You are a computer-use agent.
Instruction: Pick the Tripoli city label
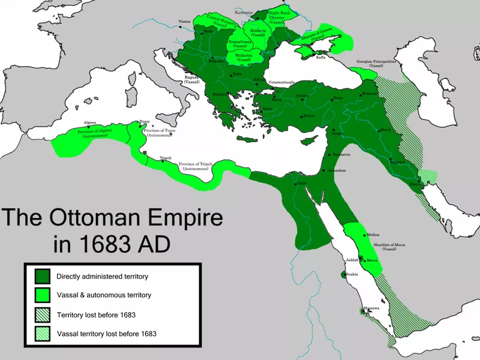coord(166,158)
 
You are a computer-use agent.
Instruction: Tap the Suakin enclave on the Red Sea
coord(344,275)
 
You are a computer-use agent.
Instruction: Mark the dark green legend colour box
coord(42,277)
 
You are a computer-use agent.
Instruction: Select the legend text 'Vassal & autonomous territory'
coord(104,295)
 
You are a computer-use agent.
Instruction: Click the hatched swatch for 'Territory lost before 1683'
coord(42,314)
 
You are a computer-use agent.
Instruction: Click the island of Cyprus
coord(308,140)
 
